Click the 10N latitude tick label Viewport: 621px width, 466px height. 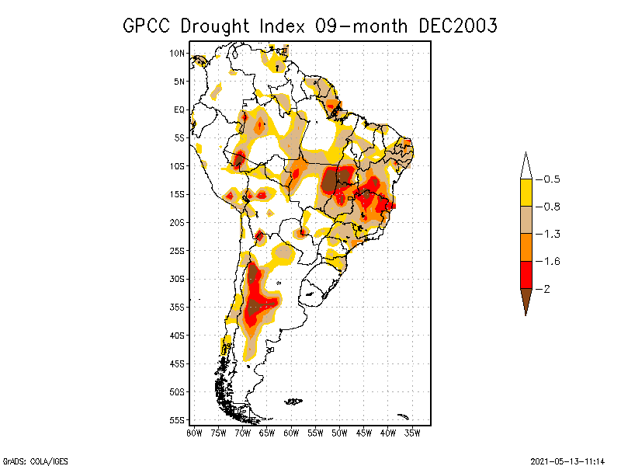pos(178,54)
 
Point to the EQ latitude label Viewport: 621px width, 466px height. pos(179,110)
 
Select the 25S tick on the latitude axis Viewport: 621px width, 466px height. pos(178,250)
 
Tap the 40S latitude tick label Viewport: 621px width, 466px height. pos(178,335)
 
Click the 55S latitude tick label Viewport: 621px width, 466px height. pos(178,419)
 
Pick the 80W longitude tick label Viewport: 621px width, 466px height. pos(194,433)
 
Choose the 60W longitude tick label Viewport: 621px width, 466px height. pos(291,433)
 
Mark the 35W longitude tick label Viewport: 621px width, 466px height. pos(412,433)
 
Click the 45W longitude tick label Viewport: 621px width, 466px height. pos(364,433)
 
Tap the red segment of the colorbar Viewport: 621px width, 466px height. pos(526,274)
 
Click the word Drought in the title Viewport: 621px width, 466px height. pos(217,26)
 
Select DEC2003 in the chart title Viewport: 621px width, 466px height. pos(457,26)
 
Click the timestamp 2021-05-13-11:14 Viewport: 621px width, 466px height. pos(567,460)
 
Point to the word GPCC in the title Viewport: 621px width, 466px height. pos(147,26)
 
